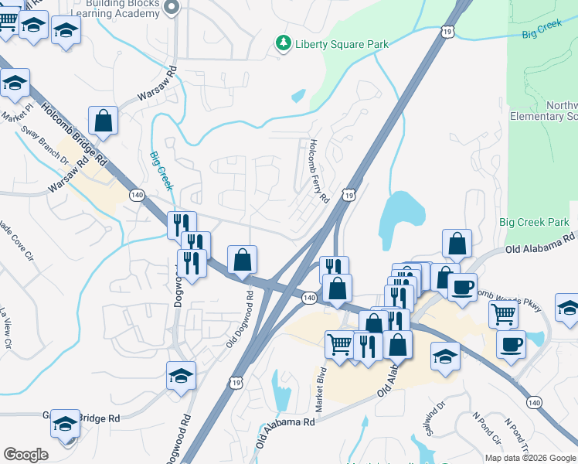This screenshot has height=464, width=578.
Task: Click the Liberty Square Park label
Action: pos(342,44)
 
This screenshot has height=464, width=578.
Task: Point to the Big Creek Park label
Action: pos(534,223)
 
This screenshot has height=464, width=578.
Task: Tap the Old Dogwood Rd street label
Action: pos(240,318)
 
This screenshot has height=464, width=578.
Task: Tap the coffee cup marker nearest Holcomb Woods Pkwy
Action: pos(462,287)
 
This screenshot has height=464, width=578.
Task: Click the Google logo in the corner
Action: pos(25,455)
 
